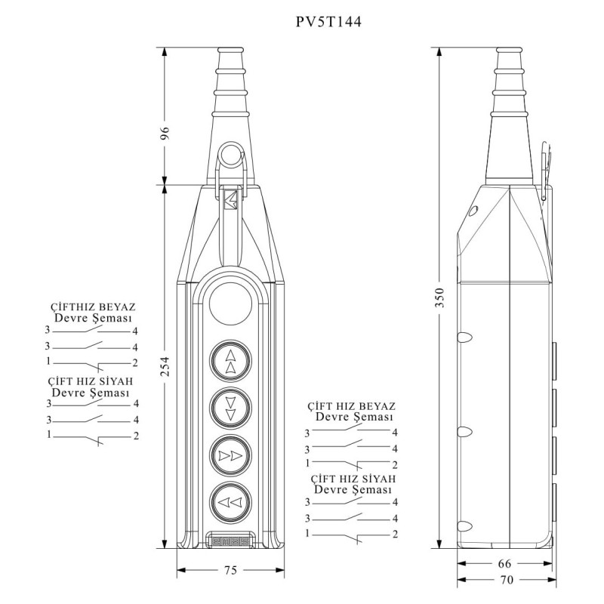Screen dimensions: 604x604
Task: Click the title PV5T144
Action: point(328,23)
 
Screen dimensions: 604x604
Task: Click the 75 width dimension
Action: point(230,569)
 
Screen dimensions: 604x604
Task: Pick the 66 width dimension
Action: point(507,563)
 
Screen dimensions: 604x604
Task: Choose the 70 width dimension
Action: point(507,580)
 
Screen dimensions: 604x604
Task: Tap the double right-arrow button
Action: point(230,455)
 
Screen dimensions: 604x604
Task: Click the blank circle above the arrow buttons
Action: point(230,307)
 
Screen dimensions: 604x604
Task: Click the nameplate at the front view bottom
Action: point(230,541)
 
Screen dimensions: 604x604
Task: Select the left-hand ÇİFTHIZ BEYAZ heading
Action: point(91,307)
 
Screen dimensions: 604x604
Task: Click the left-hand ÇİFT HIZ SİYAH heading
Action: point(91,382)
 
